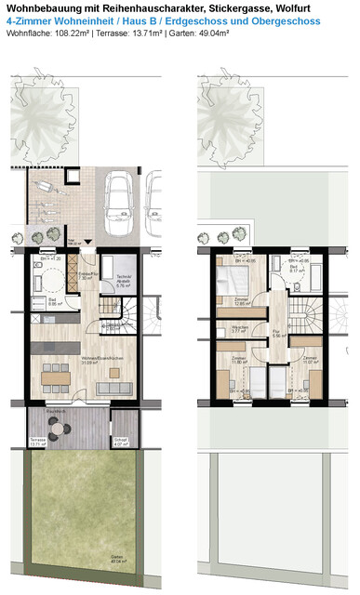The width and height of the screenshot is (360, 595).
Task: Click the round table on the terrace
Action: pyautogui.click(x=60, y=427)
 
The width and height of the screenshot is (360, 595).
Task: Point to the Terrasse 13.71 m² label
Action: pyautogui.click(x=38, y=443)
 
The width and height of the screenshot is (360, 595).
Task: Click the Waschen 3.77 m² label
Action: pyautogui.click(x=239, y=328)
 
